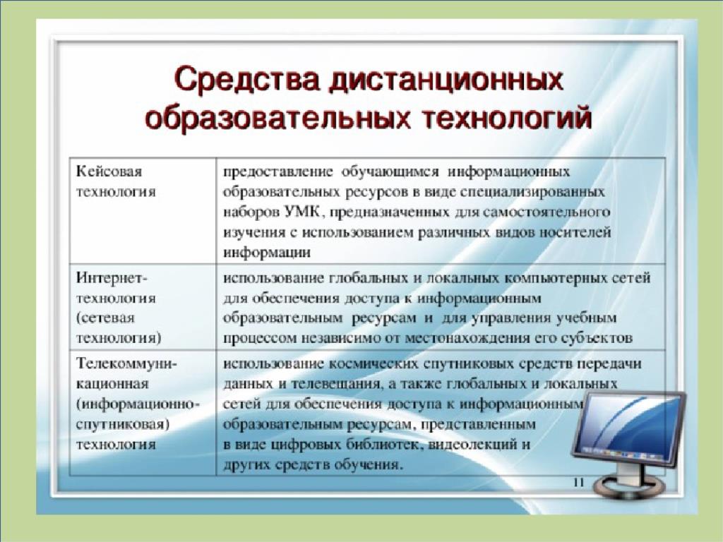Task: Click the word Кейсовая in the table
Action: pyautogui.click(x=109, y=171)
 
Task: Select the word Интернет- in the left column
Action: pyautogui.click(x=111, y=278)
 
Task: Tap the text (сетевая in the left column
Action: pyautogui.click(x=106, y=318)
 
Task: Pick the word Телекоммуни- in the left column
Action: pyautogui.click(x=126, y=363)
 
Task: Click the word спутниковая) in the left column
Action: pyautogui.click(x=123, y=424)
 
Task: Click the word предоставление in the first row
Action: pyautogui.click(x=278, y=172)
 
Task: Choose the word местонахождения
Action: pyautogui.click(x=467, y=338)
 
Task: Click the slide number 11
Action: pyautogui.click(x=578, y=483)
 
